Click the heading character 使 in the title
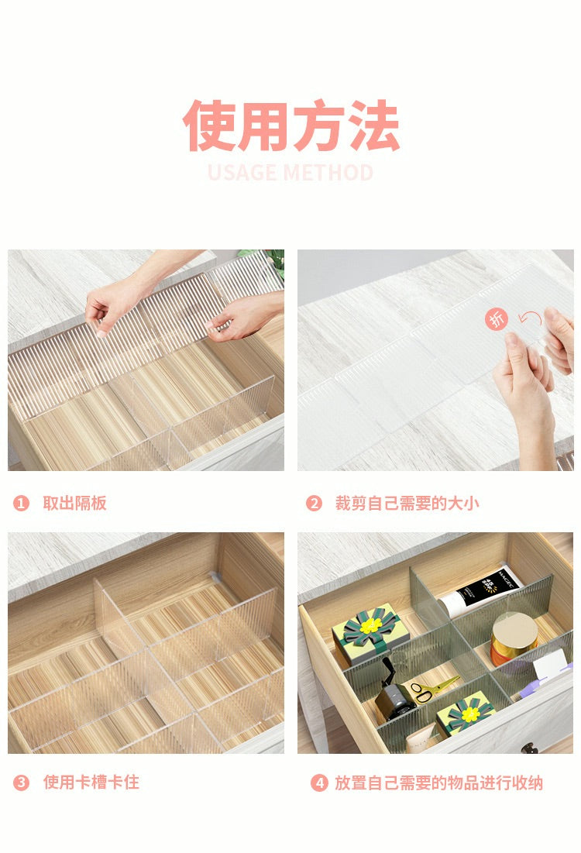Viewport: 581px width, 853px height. (210, 126)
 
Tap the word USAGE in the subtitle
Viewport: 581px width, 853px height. (241, 172)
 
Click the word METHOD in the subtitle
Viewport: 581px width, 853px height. (328, 172)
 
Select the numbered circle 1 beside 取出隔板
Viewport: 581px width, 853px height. (21, 504)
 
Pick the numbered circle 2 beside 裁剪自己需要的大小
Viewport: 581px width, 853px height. (314, 504)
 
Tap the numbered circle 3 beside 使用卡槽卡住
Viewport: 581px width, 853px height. (21, 782)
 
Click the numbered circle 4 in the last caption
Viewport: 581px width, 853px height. (319, 782)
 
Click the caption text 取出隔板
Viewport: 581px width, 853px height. (74, 504)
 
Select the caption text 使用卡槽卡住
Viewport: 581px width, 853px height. (91, 782)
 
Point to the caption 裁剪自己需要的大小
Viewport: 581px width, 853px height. (407, 504)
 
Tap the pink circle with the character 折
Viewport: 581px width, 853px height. (497, 318)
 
